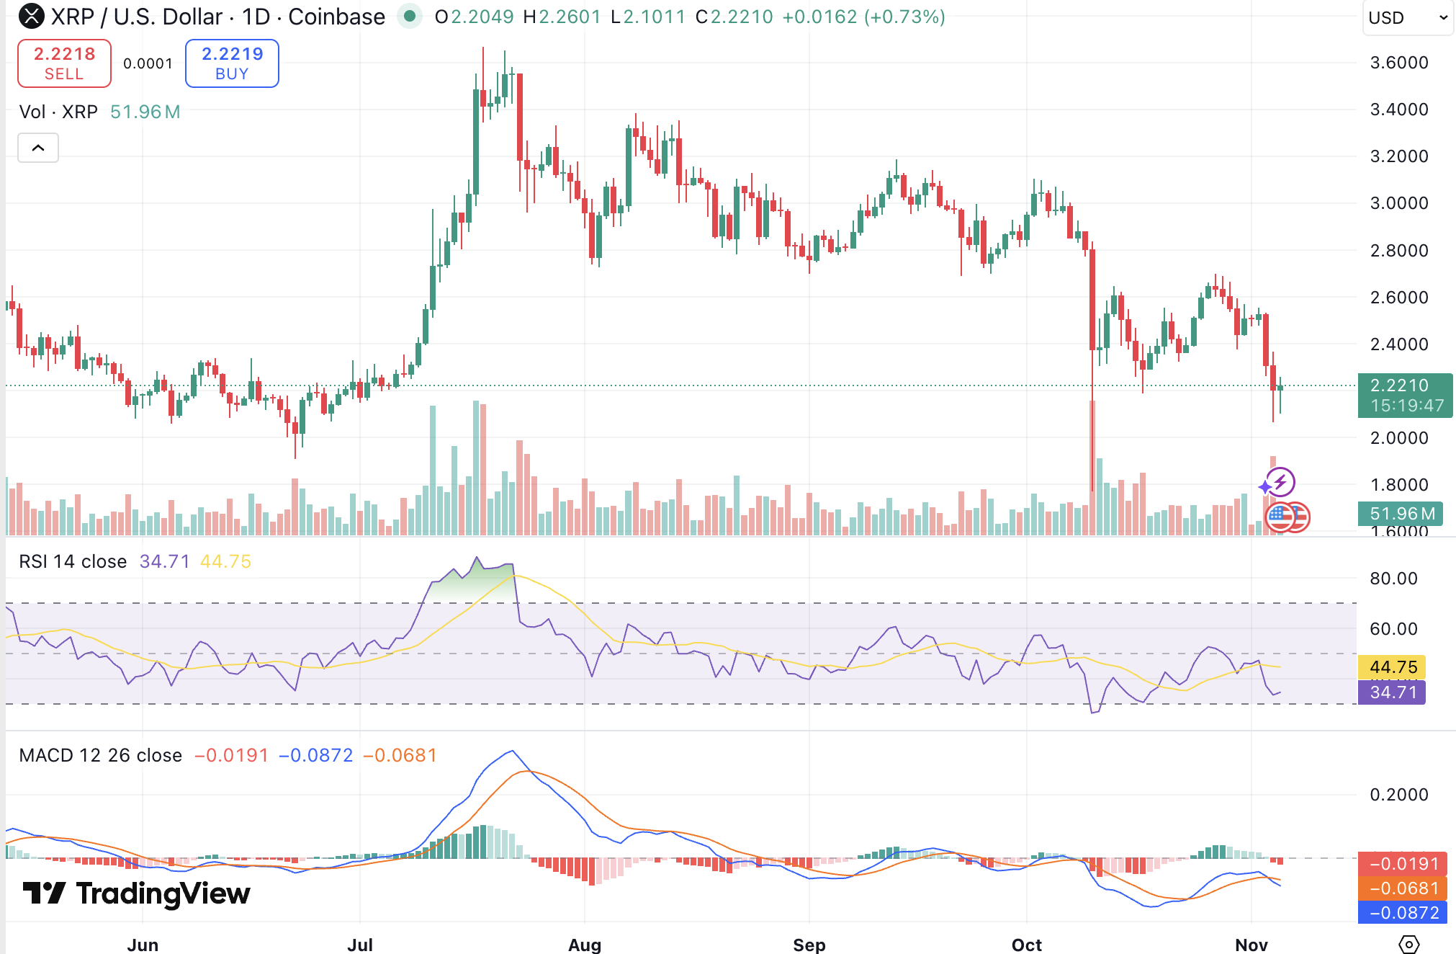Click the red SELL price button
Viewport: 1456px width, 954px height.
[x=64, y=63]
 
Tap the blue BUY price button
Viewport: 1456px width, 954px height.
[x=232, y=63]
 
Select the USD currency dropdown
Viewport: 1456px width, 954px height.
[x=1407, y=17]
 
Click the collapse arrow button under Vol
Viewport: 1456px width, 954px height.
[x=38, y=148]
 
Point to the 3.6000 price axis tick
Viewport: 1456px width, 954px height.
[x=1398, y=63]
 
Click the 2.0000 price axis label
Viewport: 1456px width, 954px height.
[x=1398, y=438]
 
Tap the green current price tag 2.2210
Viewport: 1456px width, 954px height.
[x=1404, y=395]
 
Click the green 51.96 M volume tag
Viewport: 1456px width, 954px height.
[x=1401, y=514]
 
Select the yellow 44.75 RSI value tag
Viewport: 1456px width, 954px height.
[x=1391, y=667]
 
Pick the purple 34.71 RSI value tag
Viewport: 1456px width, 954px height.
[x=1391, y=692]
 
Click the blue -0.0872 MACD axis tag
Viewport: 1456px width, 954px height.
[x=1402, y=913]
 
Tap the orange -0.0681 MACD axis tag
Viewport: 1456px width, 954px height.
[x=1402, y=888]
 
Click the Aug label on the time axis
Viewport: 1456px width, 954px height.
[x=584, y=944]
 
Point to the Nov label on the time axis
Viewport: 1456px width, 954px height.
[x=1251, y=944]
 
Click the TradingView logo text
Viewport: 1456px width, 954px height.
[x=137, y=893]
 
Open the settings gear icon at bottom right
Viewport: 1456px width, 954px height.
[x=1408, y=943]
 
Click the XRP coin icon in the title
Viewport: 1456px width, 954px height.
[x=31, y=16]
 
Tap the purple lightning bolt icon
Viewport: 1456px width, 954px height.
[x=1281, y=481]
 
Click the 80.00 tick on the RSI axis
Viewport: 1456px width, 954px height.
[x=1393, y=579]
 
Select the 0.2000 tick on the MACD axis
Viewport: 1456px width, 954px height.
[x=1398, y=795]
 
